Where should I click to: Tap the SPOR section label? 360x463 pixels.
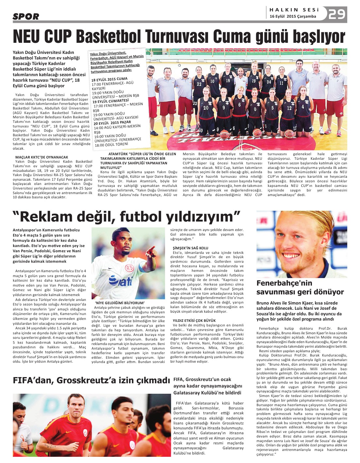click(x=26, y=16)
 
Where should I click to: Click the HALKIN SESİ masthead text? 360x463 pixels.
click(x=294, y=10)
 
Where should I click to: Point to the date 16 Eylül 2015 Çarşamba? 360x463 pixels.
click(x=293, y=16)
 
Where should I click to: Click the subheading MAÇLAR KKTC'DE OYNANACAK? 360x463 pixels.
click(x=42, y=157)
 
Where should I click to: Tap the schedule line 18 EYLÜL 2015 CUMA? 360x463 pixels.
click(x=109, y=79)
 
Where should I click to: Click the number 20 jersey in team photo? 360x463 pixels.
click(x=206, y=107)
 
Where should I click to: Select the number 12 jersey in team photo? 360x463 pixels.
click(x=289, y=107)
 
